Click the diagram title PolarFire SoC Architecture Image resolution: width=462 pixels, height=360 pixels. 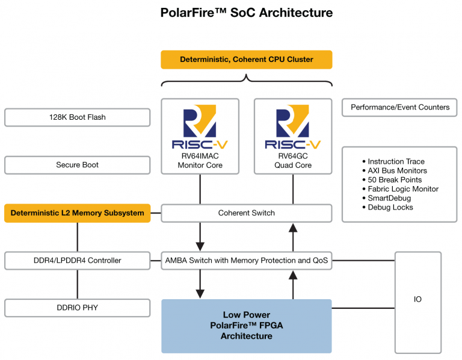coord(246,13)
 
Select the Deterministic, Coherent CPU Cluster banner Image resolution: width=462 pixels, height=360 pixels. coord(246,60)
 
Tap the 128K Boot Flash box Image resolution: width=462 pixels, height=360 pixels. coord(77,117)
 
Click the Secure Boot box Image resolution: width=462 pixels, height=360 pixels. coord(77,165)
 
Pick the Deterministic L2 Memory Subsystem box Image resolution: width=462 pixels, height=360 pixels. coord(77,213)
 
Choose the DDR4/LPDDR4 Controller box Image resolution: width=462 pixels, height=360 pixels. coord(77,261)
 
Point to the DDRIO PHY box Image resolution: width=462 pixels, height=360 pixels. coord(77,308)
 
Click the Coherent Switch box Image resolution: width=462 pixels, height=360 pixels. coord(246,213)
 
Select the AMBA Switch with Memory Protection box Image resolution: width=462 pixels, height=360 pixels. coord(246,261)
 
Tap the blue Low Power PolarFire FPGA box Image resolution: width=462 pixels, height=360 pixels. coord(246,326)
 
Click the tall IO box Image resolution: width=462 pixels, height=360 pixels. coord(417,299)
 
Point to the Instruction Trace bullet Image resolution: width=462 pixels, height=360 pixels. coord(395,161)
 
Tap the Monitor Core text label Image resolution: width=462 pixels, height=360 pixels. coord(199,165)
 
